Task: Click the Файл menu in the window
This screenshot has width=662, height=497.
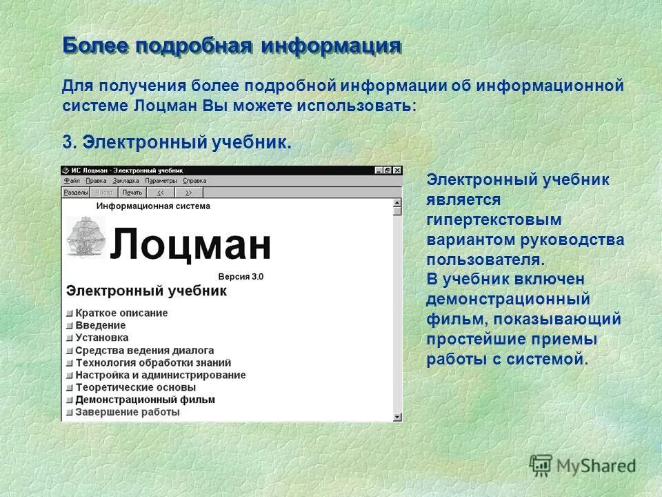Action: (x=72, y=181)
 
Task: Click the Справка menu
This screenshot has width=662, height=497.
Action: (x=195, y=181)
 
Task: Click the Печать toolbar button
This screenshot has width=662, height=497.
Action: (x=132, y=193)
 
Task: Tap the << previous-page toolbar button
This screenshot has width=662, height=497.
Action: (x=160, y=193)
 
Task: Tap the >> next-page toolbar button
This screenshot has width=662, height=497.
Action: (x=188, y=193)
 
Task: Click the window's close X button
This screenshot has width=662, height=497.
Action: (x=397, y=170)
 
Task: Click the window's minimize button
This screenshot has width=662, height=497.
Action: (x=379, y=170)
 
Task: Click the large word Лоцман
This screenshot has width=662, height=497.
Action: (x=190, y=244)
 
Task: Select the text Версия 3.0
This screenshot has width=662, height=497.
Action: (x=241, y=276)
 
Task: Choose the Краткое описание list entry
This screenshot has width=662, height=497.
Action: (x=121, y=313)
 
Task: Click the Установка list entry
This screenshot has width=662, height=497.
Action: (x=101, y=338)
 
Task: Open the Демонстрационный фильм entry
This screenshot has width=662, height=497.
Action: (x=145, y=400)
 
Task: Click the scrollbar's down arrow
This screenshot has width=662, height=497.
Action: (x=397, y=416)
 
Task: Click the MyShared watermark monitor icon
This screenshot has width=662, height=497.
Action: (x=541, y=465)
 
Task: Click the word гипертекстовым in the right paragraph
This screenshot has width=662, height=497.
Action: (x=494, y=220)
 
